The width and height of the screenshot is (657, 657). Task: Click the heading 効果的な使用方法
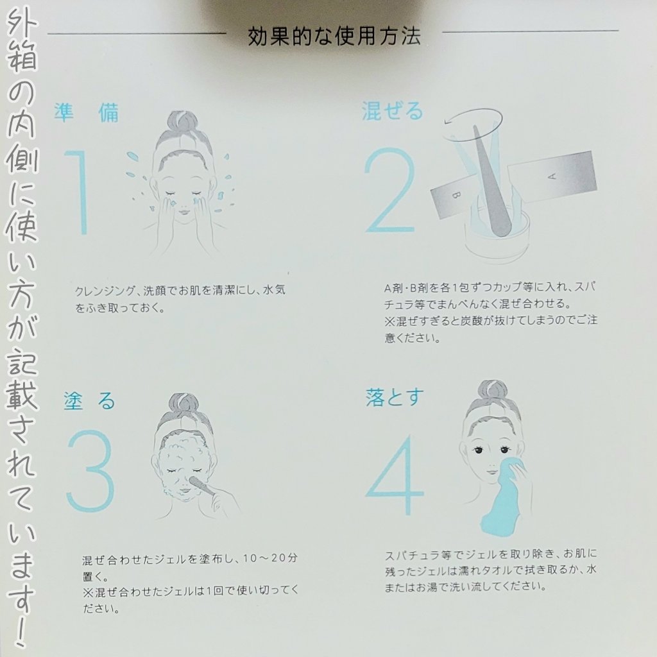click(x=334, y=37)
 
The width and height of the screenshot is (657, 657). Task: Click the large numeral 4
click(x=395, y=475)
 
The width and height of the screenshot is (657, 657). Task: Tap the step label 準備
click(x=87, y=112)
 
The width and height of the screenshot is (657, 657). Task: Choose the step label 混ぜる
click(x=392, y=110)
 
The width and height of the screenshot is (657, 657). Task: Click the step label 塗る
click(x=89, y=400)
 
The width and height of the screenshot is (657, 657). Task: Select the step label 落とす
click(x=395, y=397)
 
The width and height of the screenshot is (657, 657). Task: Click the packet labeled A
click(x=552, y=177)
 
